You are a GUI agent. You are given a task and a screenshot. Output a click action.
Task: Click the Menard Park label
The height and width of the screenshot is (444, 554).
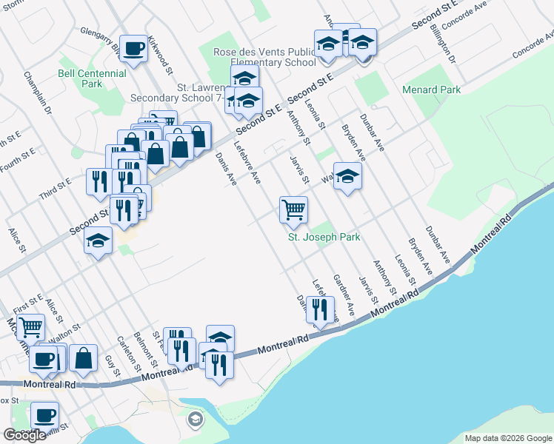431,90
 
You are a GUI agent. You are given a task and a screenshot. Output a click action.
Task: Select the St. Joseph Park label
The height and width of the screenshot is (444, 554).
324,238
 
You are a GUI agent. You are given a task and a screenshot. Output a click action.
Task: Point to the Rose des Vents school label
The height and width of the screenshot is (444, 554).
264,58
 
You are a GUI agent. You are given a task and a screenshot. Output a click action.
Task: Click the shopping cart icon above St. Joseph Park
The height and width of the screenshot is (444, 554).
293,209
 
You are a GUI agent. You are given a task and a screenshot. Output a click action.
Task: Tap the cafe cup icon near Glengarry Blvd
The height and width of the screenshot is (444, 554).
133,50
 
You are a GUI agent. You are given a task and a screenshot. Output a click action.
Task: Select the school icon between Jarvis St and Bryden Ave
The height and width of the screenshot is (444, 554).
347,177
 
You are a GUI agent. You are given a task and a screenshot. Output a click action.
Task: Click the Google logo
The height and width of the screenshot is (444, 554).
24,435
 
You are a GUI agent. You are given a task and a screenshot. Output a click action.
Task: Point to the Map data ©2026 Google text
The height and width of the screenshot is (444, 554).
507,438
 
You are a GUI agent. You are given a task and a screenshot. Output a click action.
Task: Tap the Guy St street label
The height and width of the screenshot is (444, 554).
112,366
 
